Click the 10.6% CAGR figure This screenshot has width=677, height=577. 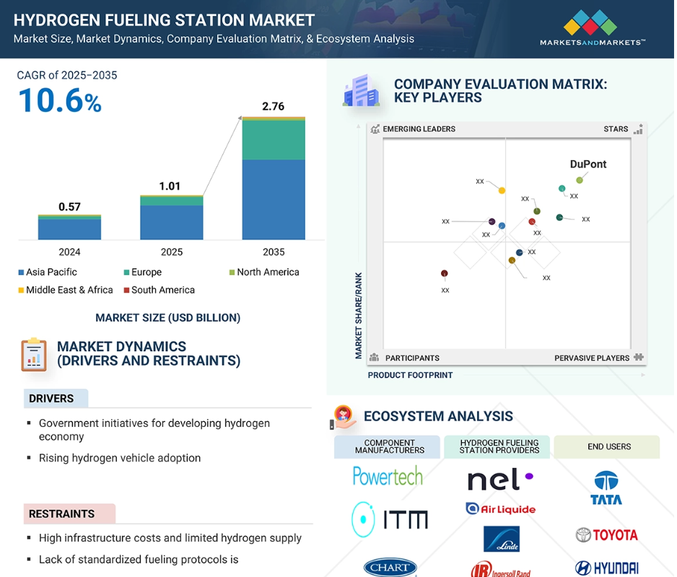click(60, 100)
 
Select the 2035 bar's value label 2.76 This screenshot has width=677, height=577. click(273, 106)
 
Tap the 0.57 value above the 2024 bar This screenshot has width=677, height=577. click(69, 206)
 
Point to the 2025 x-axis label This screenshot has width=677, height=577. click(172, 252)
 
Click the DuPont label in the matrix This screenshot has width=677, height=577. click(588, 164)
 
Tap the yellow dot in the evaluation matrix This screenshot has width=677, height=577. click(502, 190)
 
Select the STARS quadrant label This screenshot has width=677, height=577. click(616, 129)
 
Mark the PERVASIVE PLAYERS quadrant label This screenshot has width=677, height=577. click(592, 358)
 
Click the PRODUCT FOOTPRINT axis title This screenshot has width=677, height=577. click(411, 375)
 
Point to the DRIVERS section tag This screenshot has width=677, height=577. click(52, 398)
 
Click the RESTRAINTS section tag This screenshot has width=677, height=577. click(62, 514)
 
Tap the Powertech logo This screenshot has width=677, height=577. click(388, 475)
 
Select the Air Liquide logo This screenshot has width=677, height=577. click(500, 508)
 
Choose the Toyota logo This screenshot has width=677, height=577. click(606, 534)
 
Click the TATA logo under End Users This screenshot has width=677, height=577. click(606, 488)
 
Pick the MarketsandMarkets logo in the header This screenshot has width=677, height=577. click(592, 29)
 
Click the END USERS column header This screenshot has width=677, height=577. click(608, 446)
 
